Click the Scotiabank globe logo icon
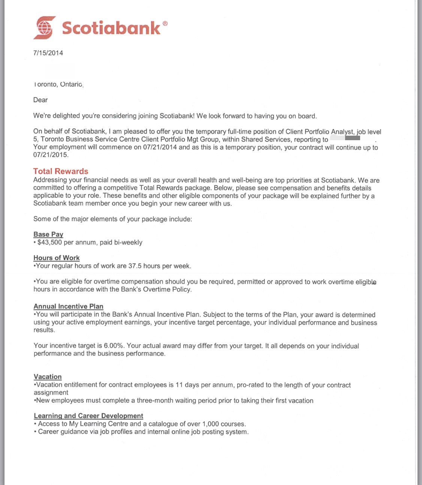coord(45,28)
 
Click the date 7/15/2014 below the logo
coord(48,53)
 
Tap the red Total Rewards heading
coord(61,171)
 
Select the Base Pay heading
coord(48,234)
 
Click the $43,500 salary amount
coord(50,242)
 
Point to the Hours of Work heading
coord(56,258)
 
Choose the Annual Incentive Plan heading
coord(68,306)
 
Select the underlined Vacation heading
coord(48,377)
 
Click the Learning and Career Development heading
coord(89,416)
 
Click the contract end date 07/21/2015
coord(51,155)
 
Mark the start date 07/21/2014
coord(160,147)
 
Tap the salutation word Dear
coord(41,100)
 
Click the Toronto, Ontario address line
coord(58,84)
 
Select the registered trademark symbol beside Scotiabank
coord(165,23)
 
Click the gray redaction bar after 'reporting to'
coord(352,138)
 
